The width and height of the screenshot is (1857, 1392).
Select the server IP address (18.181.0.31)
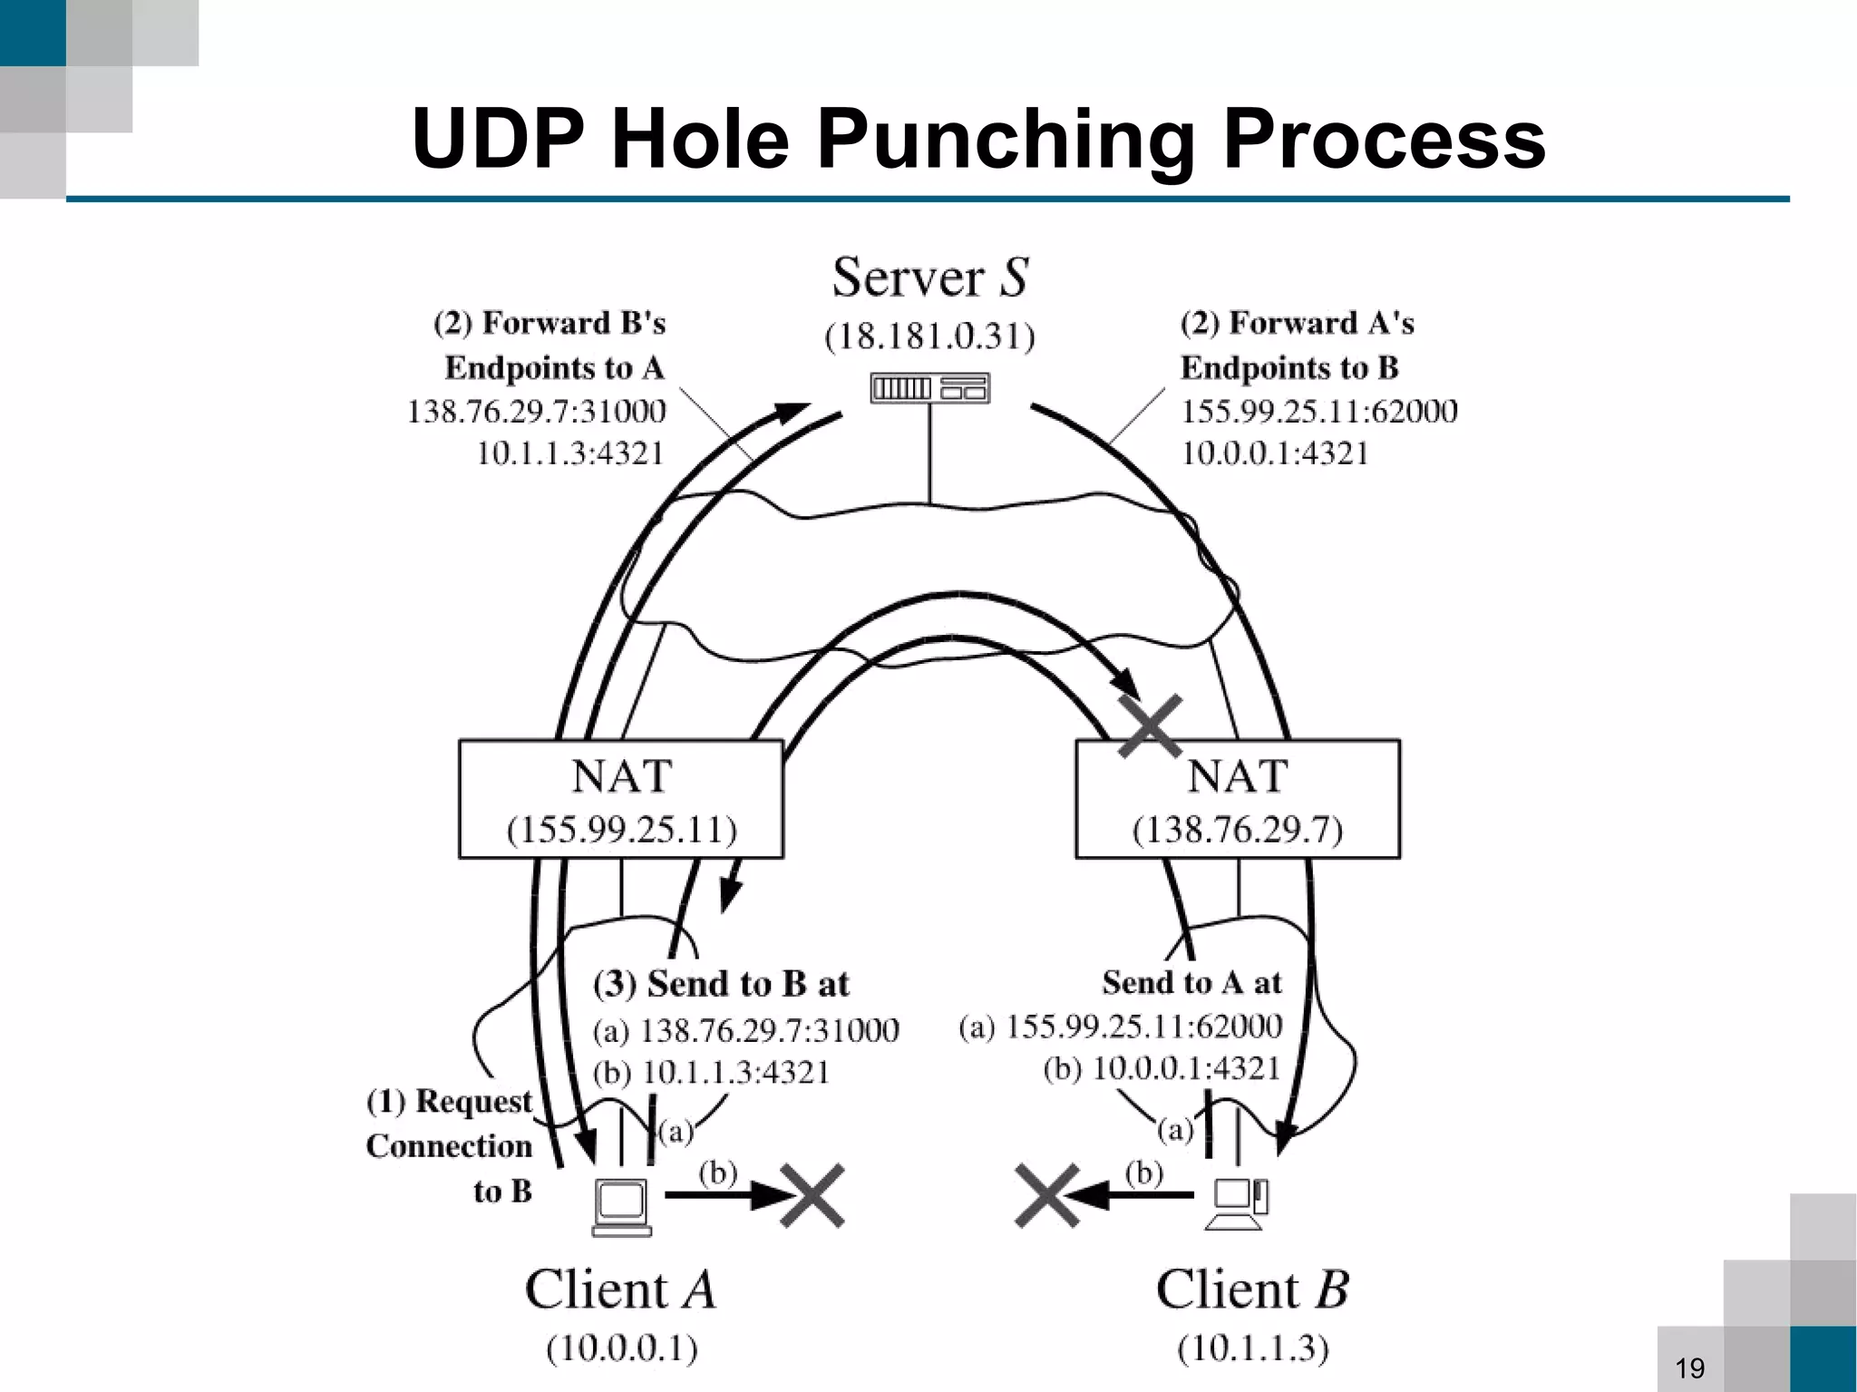point(929,336)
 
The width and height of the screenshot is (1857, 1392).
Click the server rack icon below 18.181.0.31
point(929,388)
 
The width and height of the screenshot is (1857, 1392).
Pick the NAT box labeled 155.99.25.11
point(621,799)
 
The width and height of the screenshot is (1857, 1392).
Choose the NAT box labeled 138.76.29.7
point(1238,799)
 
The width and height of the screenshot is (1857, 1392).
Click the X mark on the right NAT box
point(1150,725)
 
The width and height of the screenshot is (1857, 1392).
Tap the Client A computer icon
point(622,1207)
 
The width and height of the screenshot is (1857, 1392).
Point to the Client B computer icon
point(1239,1204)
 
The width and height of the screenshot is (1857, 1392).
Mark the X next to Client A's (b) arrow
point(812,1195)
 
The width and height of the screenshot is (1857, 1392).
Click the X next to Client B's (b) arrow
point(1047,1195)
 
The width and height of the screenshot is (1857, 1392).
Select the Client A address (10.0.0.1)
point(622,1348)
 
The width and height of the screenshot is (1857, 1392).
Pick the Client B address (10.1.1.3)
point(1253,1348)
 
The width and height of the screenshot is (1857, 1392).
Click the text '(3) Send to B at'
point(721,984)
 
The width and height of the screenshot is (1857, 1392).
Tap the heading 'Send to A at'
point(1191,982)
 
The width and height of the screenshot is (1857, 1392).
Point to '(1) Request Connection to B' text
point(450,1145)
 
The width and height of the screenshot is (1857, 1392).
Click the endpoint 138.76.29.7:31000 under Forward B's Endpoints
point(536,412)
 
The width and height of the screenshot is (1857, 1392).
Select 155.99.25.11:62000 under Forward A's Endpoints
point(1318,412)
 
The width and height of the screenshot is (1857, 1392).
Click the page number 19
point(1690,1368)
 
